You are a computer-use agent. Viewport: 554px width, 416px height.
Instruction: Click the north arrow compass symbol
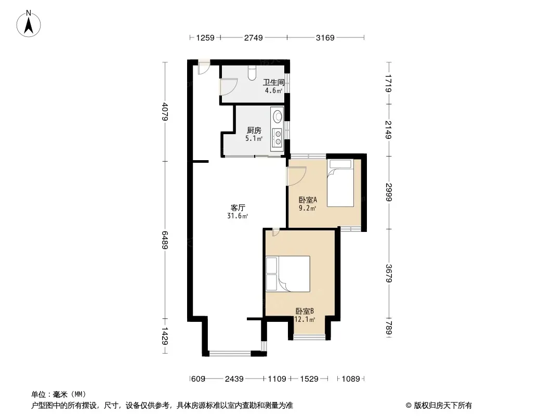coord(29,24)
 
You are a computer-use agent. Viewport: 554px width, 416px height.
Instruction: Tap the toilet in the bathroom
coord(252,72)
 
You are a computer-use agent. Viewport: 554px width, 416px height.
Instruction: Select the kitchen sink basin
coord(278,115)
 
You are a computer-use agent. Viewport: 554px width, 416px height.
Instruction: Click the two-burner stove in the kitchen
coord(278,137)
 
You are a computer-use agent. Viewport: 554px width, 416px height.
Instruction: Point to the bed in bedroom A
coord(340,183)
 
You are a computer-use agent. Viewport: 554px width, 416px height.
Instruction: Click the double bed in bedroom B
coord(287,274)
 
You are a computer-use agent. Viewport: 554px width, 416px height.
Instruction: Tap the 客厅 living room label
coord(238,208)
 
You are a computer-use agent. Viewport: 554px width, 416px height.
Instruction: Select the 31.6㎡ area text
coord(238,216)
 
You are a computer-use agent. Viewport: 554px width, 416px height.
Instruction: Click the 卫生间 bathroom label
coord(274,82)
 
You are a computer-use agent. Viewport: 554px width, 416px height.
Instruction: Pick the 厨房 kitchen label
coord(254,131)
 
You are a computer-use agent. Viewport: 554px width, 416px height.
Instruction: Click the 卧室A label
coord(307,200)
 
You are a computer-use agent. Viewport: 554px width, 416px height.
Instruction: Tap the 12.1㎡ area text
coord(305,319)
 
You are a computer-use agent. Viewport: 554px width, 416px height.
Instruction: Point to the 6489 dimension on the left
coord(165,240)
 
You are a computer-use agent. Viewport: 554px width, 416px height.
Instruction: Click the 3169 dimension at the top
coord(325,37)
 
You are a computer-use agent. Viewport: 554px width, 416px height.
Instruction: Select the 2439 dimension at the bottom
coord(234,379)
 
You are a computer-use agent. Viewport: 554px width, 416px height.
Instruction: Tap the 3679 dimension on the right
coord(389,274)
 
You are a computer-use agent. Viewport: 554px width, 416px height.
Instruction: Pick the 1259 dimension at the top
coord(205,37)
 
